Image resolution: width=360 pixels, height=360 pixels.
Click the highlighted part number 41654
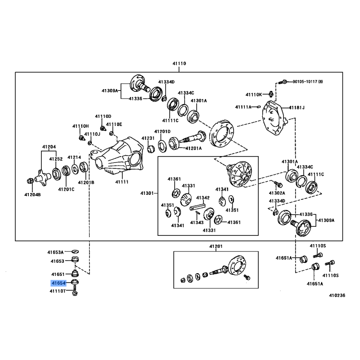(58, 283)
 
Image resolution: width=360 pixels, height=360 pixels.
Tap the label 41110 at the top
(179, 64)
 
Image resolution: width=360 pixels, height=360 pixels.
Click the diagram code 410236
(337, 296)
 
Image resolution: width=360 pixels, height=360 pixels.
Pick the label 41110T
(58, 292)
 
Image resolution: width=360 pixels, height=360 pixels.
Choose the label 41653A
(57, 252)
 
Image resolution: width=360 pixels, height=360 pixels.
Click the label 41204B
(32, 194)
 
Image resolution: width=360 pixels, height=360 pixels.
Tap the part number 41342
(202, 198)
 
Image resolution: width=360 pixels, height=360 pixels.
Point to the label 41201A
(193, 148)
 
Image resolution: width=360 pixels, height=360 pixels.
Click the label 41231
(148, 138)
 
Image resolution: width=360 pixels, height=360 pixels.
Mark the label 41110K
(253, 94)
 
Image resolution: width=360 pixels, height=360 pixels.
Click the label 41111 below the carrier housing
(122, 182)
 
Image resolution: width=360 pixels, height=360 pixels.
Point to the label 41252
(56, 159)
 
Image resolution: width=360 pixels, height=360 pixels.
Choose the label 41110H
(81, 126)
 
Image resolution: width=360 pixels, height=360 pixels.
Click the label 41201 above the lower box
(216, 247)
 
